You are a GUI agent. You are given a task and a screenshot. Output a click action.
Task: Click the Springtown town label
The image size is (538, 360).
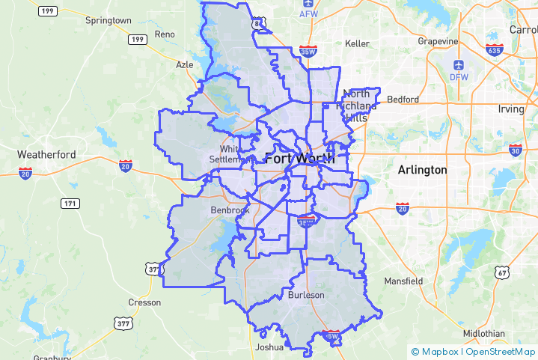tap(108, 20)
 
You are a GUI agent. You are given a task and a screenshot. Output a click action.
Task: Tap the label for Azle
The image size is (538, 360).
tap(184, 64)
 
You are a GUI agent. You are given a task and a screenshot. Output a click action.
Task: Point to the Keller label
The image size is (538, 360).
tap(357, 43)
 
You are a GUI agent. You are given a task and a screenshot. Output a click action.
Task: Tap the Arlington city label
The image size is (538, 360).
tap(422, 170)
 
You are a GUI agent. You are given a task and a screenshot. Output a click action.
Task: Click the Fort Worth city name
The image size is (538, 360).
tap(299, 158)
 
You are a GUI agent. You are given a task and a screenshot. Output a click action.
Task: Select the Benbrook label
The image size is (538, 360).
tap(230, 210)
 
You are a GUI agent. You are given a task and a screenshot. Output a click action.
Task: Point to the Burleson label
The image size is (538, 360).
tap(306, 295)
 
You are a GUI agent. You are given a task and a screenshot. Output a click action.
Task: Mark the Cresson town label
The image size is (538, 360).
tap(144, 302)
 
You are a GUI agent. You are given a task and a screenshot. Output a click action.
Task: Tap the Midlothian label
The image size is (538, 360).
tap(483, 332)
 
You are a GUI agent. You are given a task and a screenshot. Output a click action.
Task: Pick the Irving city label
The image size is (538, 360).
tap(511, 109)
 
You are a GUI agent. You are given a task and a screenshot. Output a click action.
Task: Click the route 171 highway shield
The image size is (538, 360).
tap(70, 204)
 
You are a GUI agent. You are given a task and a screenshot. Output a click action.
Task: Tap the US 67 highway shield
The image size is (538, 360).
tap(501, 273)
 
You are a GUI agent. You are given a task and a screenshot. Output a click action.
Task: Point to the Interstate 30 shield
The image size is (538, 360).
tap(515, 150)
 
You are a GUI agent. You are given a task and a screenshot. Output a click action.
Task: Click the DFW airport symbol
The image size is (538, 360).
tap(458, 65)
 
